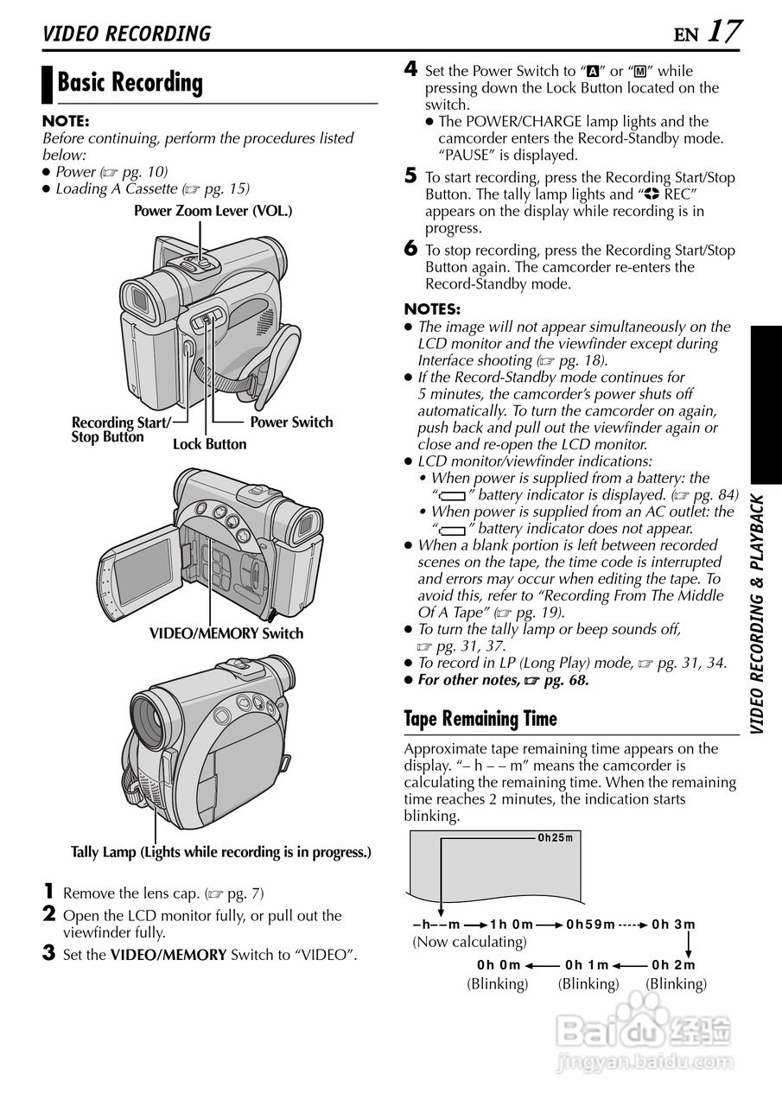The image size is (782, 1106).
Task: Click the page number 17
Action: pos(724,32)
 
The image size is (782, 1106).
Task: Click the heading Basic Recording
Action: pos(130,83)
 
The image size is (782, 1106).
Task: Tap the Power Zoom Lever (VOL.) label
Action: pos(213,211)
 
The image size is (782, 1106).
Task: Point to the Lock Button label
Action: pos(209,444)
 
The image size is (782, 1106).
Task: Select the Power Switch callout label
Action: pos(291,423)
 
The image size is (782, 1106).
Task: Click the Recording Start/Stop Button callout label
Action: pos(120,429)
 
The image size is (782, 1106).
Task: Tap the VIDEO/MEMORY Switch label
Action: pos(226,633)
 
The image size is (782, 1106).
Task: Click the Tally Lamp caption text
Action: pos(220,852)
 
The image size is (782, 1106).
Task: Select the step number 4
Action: pos(411,69)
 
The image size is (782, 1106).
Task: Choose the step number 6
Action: pos(411,249)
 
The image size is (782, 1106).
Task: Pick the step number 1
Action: pos(50,891)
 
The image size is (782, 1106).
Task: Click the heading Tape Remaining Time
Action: pos(480,719)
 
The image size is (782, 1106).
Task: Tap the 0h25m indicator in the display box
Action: pos(556,837)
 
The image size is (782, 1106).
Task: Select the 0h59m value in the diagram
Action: pos(591,925)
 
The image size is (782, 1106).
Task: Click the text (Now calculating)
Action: pos(469,942)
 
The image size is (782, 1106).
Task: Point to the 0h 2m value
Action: pos(674,965)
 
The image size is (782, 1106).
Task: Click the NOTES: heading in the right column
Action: pos(432,309)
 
